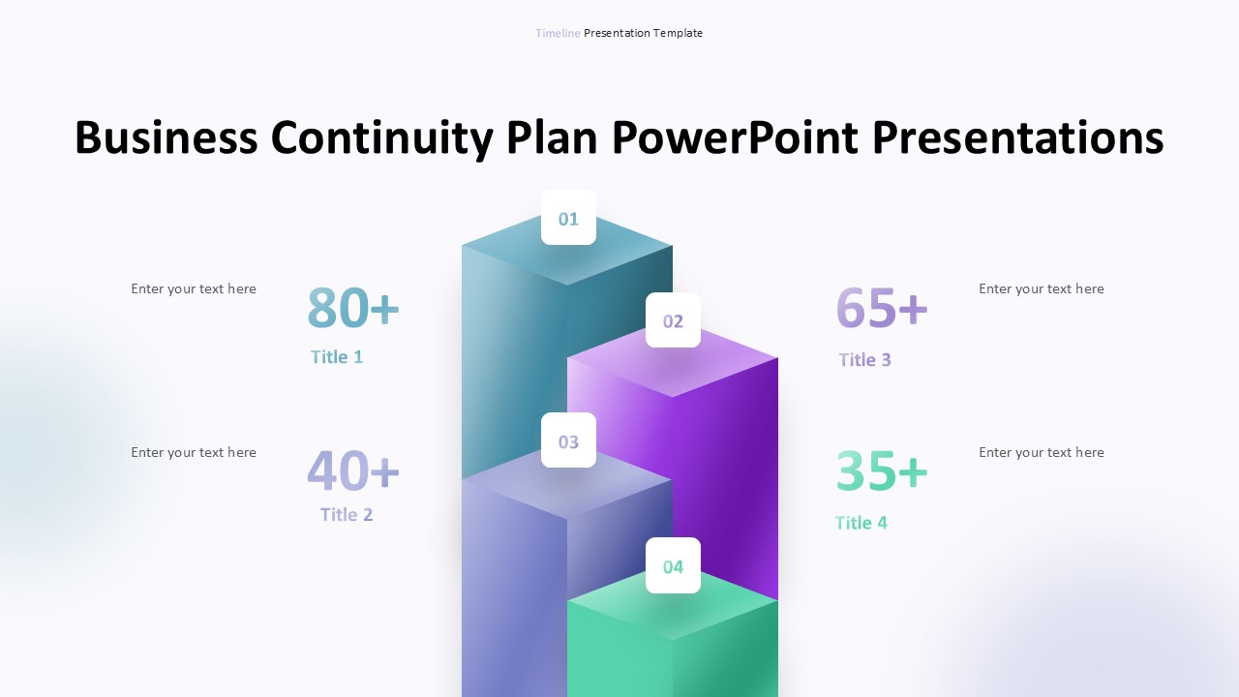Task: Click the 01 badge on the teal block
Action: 568,218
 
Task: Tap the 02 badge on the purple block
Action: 673,320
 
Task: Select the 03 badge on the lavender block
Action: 568,440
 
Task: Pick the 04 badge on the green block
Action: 673,565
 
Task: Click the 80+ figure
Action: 353,308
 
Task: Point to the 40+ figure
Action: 353,470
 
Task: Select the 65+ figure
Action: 882,308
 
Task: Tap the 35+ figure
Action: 882,470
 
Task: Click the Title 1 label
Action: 337,356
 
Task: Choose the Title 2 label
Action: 347,514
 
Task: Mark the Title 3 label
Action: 864,359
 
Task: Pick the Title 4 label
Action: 861,523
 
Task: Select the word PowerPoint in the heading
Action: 735,137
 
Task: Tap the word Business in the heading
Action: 166,137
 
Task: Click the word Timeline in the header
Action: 558,33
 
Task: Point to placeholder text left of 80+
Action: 194,288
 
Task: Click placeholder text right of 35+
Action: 1041,452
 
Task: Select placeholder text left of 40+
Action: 194,452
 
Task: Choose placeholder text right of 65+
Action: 1041,288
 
